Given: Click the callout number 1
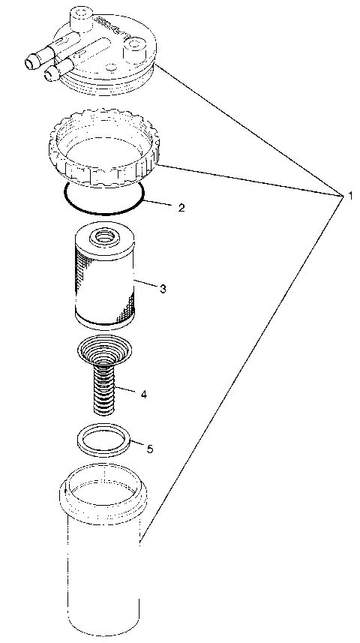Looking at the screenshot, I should (349, 196).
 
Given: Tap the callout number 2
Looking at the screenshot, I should (181, 208).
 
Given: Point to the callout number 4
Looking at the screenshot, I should (142, 392).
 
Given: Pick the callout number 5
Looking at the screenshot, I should (150, 449).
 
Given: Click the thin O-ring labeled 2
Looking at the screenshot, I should (103, 212).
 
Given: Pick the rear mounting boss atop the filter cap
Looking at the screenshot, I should (79, 17).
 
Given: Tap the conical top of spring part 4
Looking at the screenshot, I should (103, 349).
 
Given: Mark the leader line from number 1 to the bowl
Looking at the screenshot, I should (240, 368).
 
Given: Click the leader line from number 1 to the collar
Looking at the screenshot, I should (247, 180).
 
